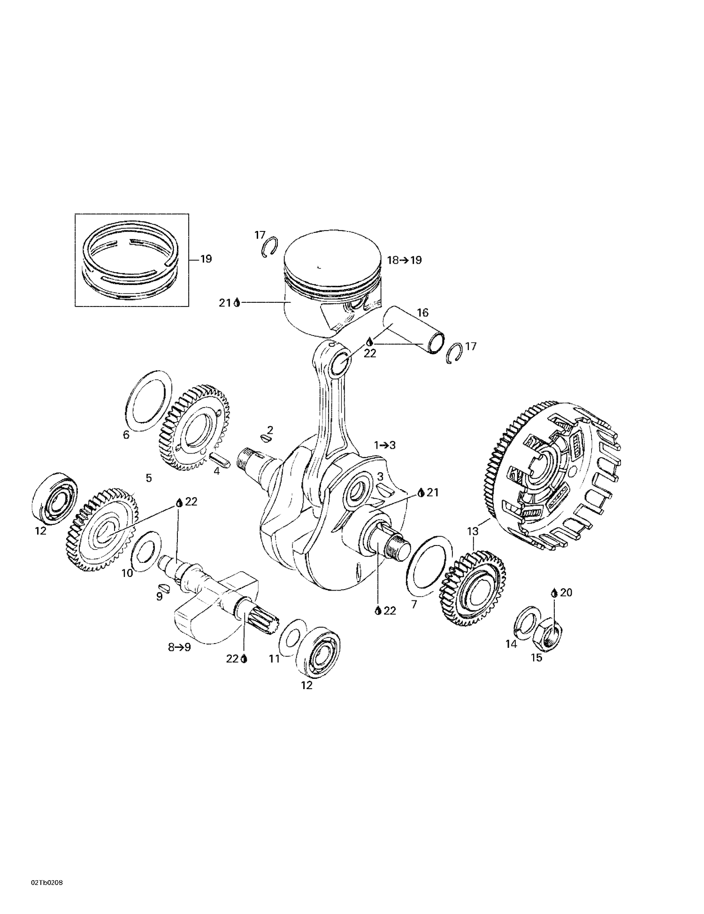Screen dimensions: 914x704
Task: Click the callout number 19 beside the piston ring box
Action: [206, 259]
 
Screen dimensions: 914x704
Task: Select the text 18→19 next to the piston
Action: [404, 260]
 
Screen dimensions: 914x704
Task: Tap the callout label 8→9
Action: [179, 647]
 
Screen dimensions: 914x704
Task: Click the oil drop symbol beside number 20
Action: [554, 593]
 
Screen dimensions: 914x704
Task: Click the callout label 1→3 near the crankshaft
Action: [384, 445]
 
